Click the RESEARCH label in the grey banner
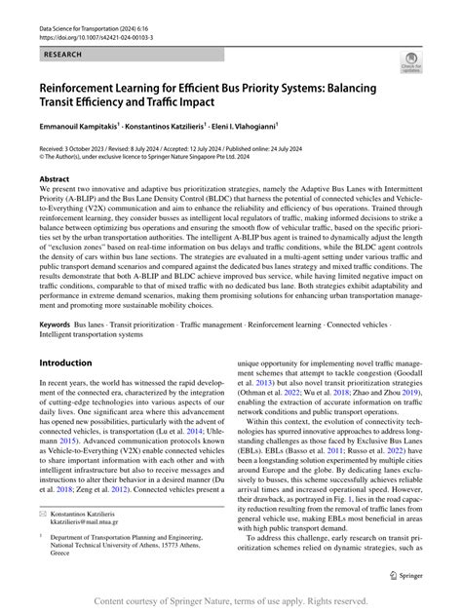coord(56,57)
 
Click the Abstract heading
coord(54,180)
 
